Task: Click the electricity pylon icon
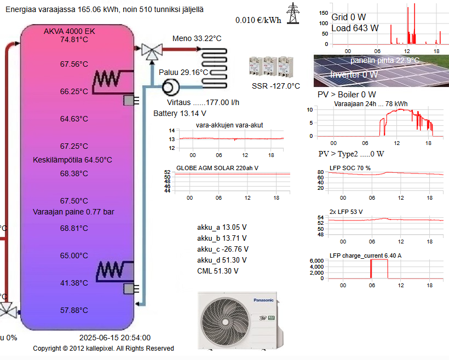pyautogui.click(x=292, y=13)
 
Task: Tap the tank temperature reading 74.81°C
pyautogui.click(x=74, y=39)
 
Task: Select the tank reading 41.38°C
pyautogui.click(x=74, y=283)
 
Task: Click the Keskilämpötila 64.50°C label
pyautogui.click(x=72, y=160)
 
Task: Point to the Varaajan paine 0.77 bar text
pyautogui.click(x=73, y=212)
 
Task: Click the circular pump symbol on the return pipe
pyautogui.click(x=171, y=87)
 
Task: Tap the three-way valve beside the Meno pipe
pyautogui.click(x=152, y=51)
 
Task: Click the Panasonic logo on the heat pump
pyautogui.click(x=263, y=300)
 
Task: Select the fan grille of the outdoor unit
pyautogui.click(x=225, y=322)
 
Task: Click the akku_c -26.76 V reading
pyautogui.click(x=223, y=249)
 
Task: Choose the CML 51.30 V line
pyautogui.click(x=217, y=271)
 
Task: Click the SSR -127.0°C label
pyautogui.click(x=276, y=86)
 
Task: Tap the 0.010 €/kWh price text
pyautogui.click(x=258, y=20)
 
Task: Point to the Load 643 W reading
pyautogui.click(x=355, y=28)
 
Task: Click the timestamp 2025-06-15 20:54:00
pyautogui.click(x=115, y=338)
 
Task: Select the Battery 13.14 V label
pyautogui.click(x=180, y=113)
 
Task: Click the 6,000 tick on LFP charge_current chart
pyautogui.click(x=316, y=261)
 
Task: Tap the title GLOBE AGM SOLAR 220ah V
pyautogui.click(x=217, y=168)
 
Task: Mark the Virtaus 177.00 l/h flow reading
pyautogui.click(x=203, y=102)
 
